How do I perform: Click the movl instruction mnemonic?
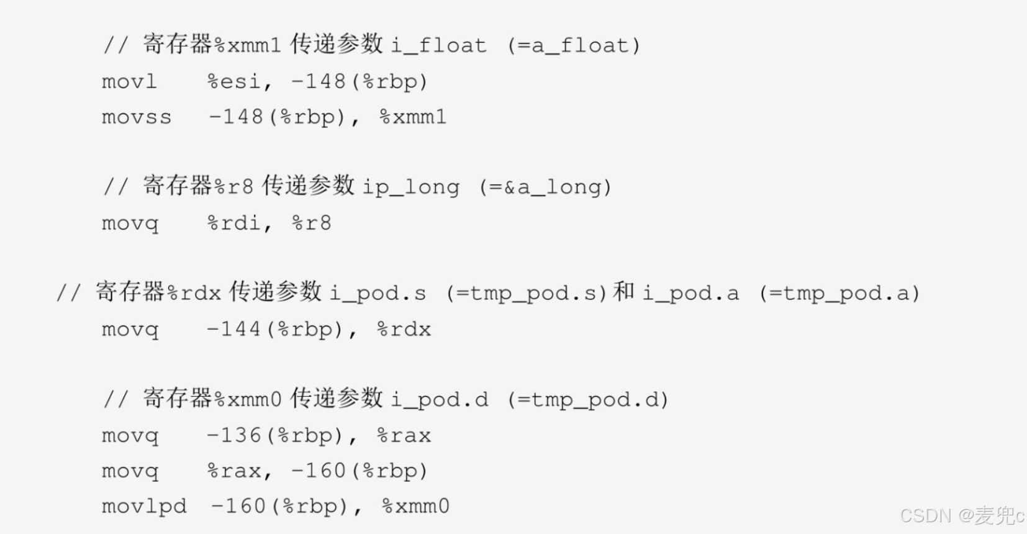(129, 82)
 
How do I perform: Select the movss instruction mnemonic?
(137, 117)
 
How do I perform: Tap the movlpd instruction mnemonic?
(144, 507)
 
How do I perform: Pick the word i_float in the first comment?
(439, 45)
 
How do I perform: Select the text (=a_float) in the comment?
(574, 45)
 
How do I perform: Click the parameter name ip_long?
(411, 187)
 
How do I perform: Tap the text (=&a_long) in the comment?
(546, 187)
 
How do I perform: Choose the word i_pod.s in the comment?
(378, 293)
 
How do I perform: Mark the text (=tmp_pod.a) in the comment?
(839, 293)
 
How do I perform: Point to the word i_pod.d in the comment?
(440, 399)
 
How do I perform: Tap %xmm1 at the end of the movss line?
(413, 117)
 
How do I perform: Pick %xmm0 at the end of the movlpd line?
(415, 507)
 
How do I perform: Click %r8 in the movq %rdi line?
(312, 224)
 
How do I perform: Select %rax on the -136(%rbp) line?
(404, 436)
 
